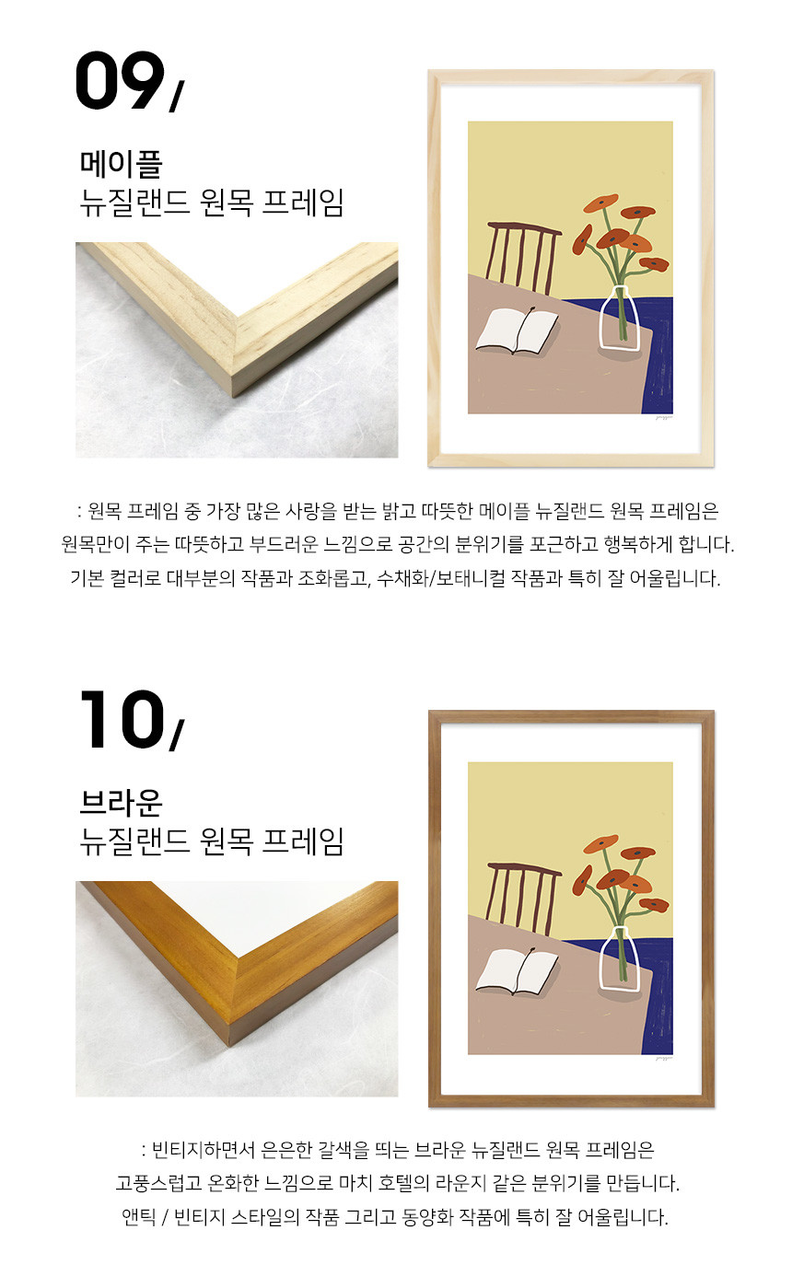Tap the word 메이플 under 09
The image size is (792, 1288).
coord(121,164)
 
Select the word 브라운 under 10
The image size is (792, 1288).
coord(121,803)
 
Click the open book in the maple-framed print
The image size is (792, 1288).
coord(517,331)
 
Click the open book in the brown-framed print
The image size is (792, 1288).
coord(517,971)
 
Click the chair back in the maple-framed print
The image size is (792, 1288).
coord(523,257)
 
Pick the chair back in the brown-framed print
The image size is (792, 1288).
coord(523,898)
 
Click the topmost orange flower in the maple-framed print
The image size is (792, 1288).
coord(600,203)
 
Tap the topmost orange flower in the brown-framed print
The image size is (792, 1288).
coord(600,844)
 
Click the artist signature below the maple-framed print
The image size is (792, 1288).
coord(664,417)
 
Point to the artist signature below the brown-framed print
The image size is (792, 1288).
coord(664,1058)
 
